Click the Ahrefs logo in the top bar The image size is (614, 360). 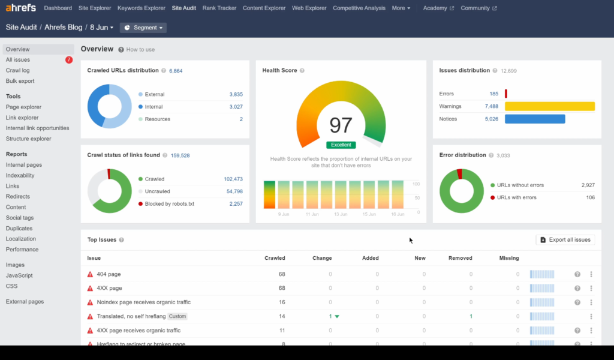point(21,8)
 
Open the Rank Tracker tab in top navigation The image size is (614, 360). point(219,8)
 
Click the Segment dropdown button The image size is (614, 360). point(143,28)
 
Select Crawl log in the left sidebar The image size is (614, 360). point(17,70)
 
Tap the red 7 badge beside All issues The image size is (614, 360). point(69,60)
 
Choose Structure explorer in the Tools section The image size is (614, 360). point(28,139)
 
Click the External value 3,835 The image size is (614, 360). point(236,94)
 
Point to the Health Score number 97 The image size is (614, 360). point(341,125)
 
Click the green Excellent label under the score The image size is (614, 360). point(341,145)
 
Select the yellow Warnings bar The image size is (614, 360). point(549,106)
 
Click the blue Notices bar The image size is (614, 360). point(534,119)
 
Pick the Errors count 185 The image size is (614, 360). point(493,94)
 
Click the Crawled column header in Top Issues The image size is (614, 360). point(275,258)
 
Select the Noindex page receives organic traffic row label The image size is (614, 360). point(143,302)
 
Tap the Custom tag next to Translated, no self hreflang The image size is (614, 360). point(177,316)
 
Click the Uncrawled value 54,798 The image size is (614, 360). point(234,191)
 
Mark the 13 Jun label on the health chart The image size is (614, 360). point(341,214)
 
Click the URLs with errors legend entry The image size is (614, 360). point(516,197)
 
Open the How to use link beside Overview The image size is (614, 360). point(140,50)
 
